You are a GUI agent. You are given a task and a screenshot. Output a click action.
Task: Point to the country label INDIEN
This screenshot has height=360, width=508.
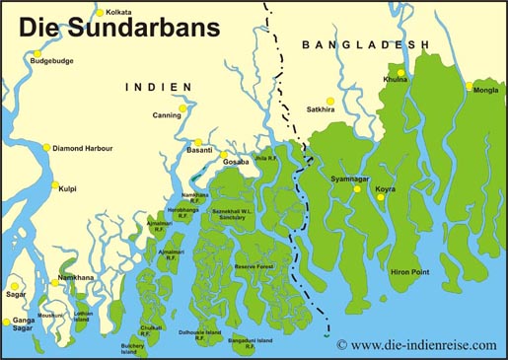point(158,87)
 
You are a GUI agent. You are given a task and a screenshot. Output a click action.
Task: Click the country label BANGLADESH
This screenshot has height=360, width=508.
point(366,44)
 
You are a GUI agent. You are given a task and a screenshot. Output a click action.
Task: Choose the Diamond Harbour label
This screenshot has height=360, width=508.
point(83,148)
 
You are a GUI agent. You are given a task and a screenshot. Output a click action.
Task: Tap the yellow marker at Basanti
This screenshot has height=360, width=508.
point(198,142)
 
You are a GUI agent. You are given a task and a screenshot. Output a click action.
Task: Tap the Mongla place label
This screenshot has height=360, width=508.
point(486,90)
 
